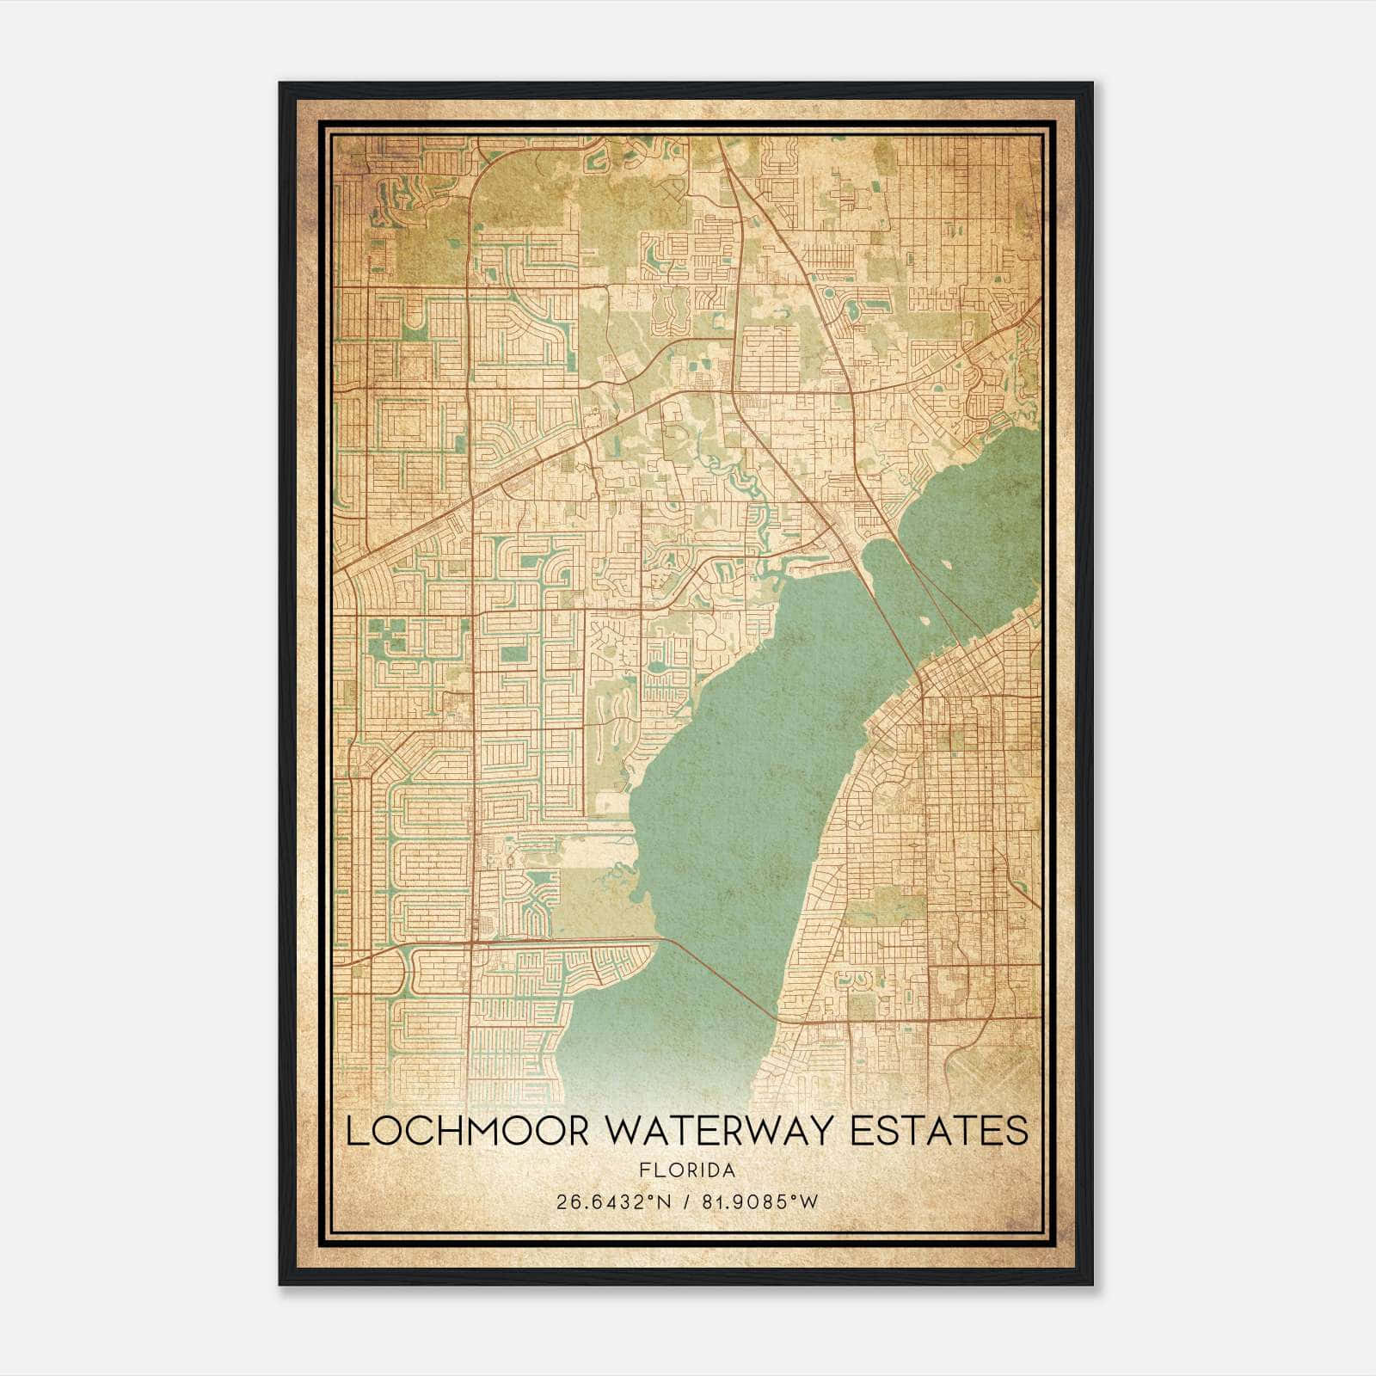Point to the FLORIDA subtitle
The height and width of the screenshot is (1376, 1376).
(x=687, y=1170)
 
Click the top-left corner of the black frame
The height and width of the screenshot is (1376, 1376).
(x=280, y=83)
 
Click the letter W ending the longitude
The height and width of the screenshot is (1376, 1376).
(x=808, y=1201)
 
